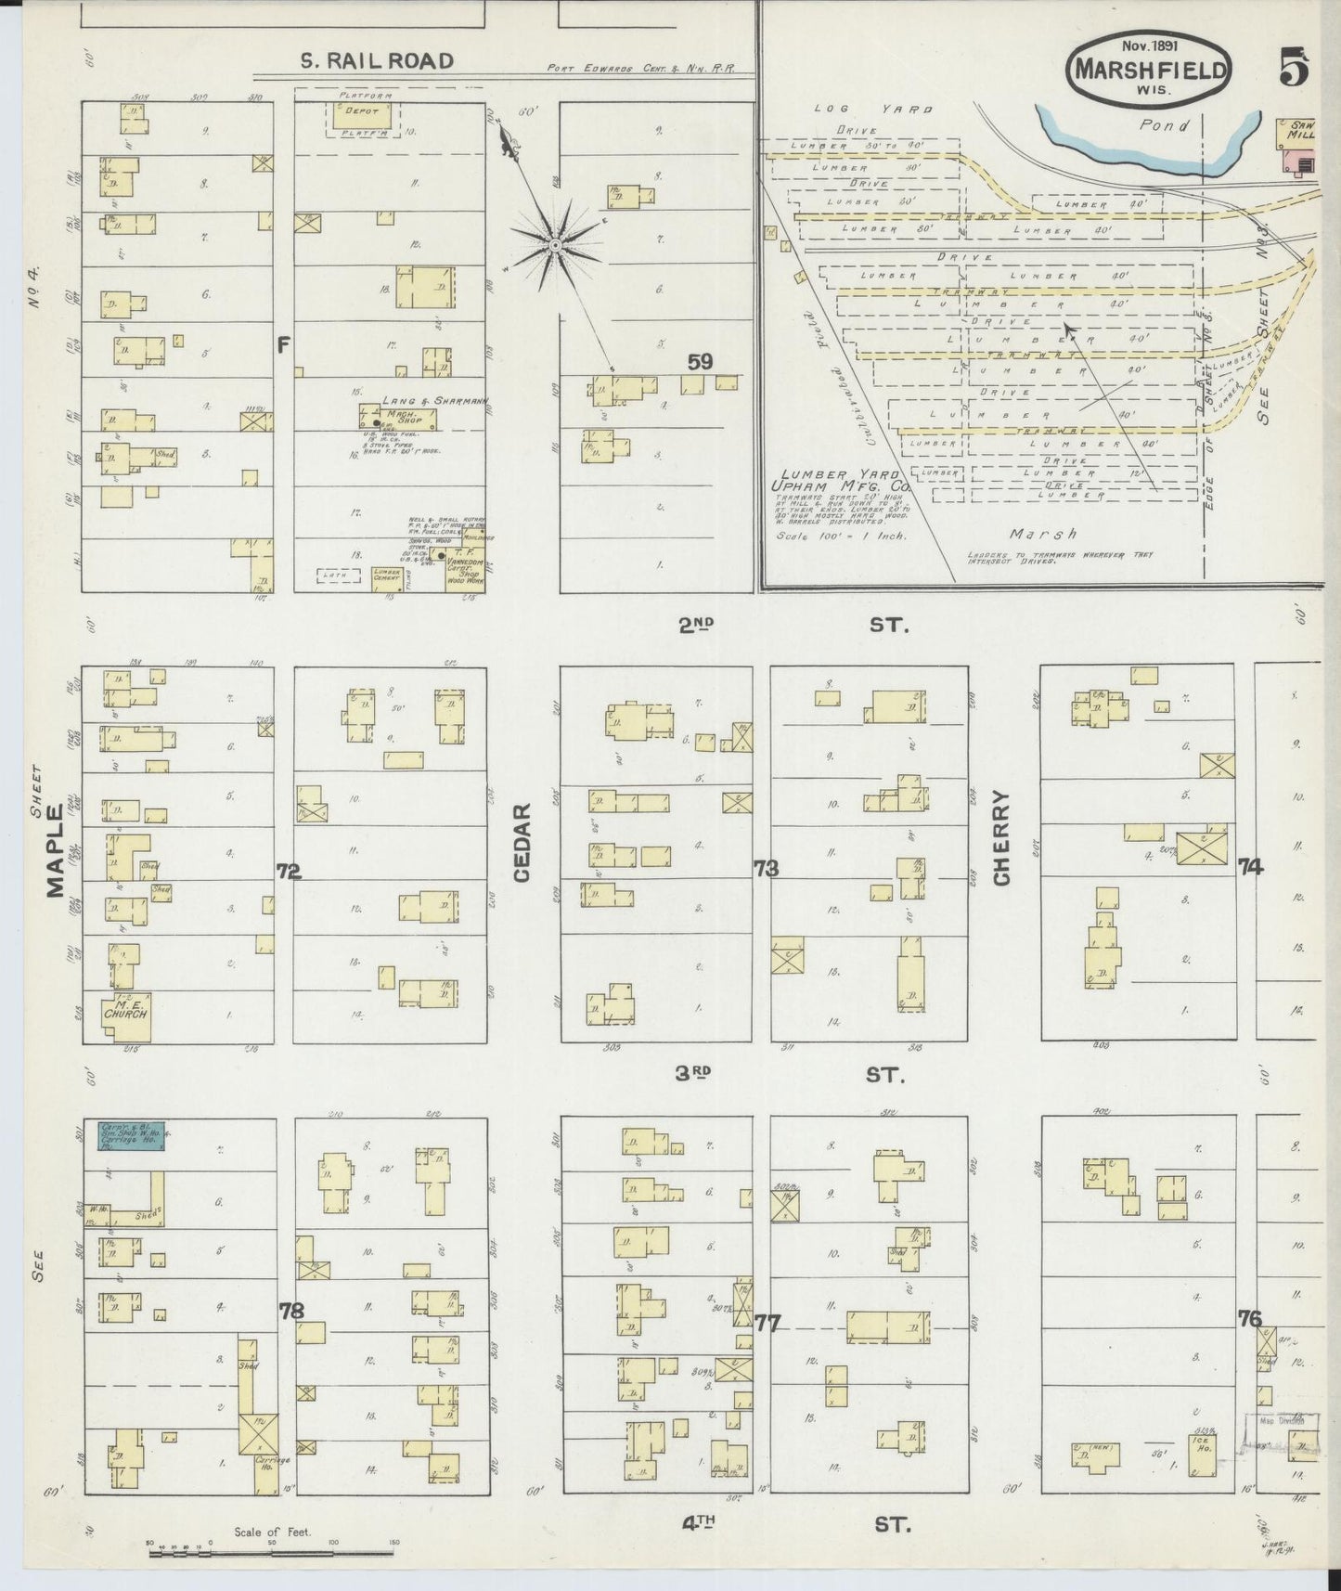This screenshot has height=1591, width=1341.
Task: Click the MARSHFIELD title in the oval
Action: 1151,71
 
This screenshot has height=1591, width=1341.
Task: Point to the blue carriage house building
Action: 131,1135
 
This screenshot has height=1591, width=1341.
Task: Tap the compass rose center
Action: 554,245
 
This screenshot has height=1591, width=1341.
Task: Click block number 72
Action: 289,871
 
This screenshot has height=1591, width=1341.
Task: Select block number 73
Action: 767,869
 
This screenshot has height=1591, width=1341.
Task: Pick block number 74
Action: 1250,867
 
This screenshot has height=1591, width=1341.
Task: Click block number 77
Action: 768,1322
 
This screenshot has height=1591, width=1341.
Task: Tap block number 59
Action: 700,362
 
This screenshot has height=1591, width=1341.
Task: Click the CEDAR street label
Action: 521,843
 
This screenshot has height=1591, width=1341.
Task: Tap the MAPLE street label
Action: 56,849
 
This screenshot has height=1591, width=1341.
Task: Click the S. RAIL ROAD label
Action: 377,61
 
